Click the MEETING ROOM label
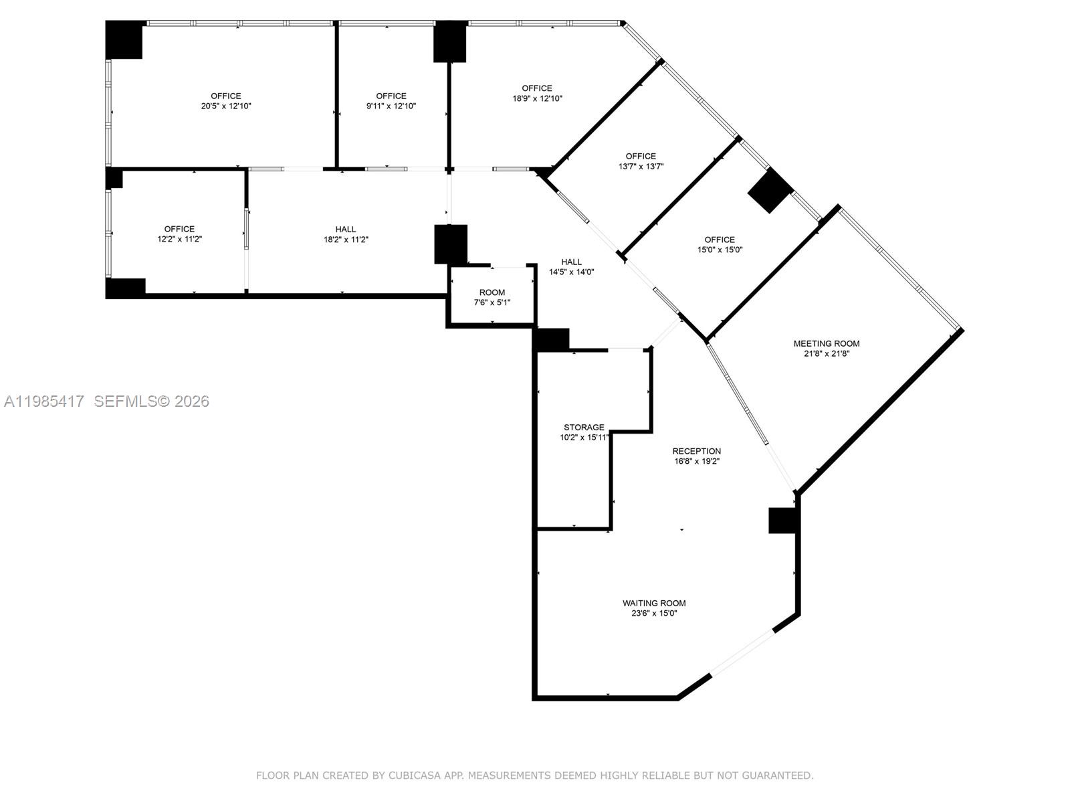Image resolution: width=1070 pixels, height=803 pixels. (x=827, y=343)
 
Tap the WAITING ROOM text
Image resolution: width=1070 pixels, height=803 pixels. (x=654, y=603)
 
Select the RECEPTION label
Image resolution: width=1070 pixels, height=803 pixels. (x=696, y=451)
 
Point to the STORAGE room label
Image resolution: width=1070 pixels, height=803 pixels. (x=584, y=427)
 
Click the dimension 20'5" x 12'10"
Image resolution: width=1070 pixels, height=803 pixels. (x=226, y=106)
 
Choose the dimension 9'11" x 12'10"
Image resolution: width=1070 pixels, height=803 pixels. (x=391, y=106)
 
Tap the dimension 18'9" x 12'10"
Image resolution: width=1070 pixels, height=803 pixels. (x=537, y=98)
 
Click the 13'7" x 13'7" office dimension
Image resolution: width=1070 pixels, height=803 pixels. (x=641, y=167)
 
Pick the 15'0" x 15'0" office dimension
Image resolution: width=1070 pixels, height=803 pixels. (x=720, y=250)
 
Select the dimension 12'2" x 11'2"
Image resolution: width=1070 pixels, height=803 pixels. (x=179, y=239)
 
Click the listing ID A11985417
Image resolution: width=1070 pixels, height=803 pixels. (x=44, y=401)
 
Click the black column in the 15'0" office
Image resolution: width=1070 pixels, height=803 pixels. (x=770, y=191)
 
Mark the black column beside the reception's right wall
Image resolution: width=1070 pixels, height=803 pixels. (x=782, y=521)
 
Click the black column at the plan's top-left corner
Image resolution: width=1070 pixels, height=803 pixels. (x=124, y=40)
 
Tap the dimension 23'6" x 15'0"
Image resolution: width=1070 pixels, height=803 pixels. (x=654, y=613)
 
